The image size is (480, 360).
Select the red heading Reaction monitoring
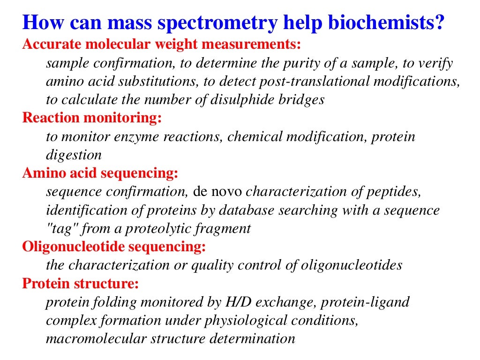coord(92,118)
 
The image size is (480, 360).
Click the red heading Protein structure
coord(80,284)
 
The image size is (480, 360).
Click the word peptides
coord(391,192)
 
